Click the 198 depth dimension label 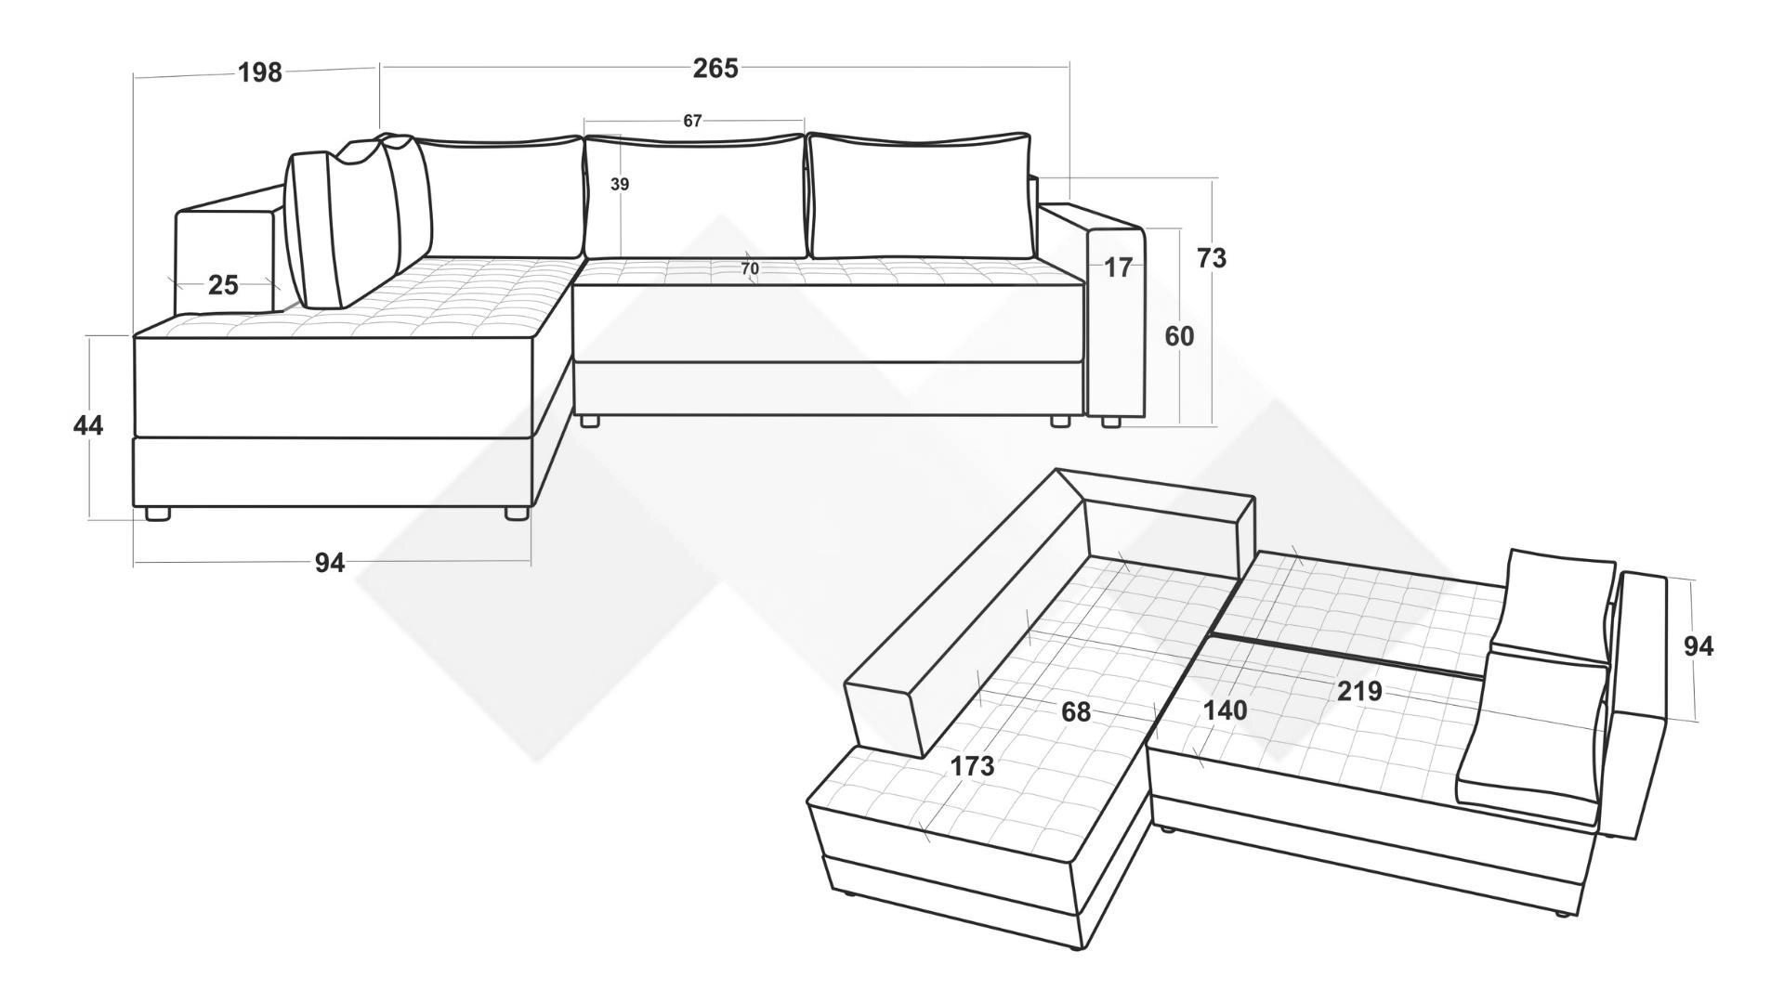[260, 72]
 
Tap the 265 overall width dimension [715, 69]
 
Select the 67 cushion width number [692, 121]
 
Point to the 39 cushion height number [620, 185]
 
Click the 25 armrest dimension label [223, 285]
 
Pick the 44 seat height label [88, 426]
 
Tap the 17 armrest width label [1119, 267]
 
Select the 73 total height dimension [1211, 258]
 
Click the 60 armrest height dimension [1179, 336]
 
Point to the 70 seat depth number [750, 269]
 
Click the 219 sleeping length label [1359, 691]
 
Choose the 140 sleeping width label [1225, 711]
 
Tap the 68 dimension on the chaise [1076, 712]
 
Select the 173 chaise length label [972, 766]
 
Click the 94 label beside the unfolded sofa [1699, 646]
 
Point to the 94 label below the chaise [330, 563]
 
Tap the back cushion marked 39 [694, 196]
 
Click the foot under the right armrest [1110, 422]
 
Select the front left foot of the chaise [157, 514]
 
